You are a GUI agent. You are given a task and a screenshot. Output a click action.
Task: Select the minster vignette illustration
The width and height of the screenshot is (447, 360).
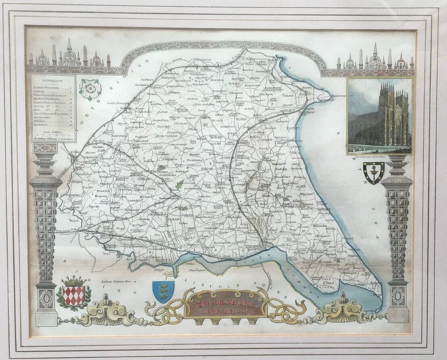click(x=379, y=116)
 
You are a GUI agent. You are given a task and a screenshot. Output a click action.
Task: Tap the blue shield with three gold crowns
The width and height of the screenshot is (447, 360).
click(x=163, y=291)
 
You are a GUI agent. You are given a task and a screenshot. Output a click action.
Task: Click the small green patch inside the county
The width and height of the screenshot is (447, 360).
click(x=180, y=184)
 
